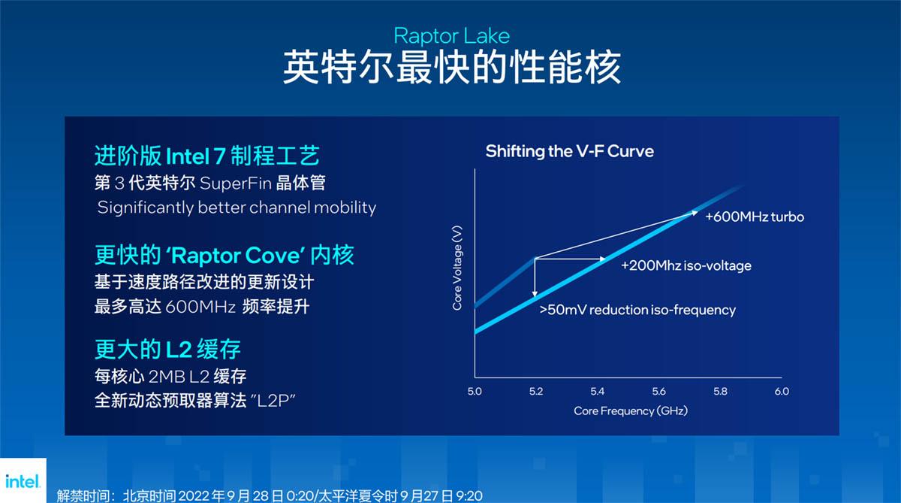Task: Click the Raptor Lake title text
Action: click(452, 37)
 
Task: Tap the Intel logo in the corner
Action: click(23, 481)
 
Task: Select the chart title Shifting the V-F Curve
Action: click(570, 151)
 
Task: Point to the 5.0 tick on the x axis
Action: click(475, 392)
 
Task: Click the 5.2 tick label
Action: click(536, 392)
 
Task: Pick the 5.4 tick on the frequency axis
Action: click(598, 392)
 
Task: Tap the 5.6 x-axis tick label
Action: click(659, 392)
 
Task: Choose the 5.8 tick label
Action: click(720, 392)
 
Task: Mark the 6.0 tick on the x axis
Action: click(782, 392)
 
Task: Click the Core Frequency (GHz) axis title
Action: click(631, 411)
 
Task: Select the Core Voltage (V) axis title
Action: click(457, 268)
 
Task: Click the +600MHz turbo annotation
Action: click(755, 217)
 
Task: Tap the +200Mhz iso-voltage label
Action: click(686, 266)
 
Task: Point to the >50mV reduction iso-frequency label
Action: click(637, 310)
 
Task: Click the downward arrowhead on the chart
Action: click(535, 293)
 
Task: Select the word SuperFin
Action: click(236, 183)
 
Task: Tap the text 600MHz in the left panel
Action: click(200, 307)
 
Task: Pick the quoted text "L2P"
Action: click(273, 400)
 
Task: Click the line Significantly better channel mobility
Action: click(237, 208)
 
